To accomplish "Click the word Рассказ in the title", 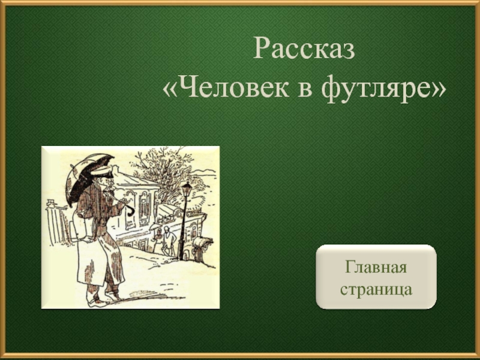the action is pyautogui.click(x=304, y=49).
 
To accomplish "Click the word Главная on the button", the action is pyautogui.click(x=376, y=266).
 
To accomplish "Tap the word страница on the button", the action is pyautogui.click(x=376, y=289).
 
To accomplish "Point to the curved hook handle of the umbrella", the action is pyautogui.click(x=131, y=211).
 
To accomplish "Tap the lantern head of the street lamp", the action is pyautogui.click(x=187, y=189).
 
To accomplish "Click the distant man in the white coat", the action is pyautogui.click(x=169, y=241).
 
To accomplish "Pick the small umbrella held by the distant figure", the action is pyautogui.click(x=155, y=227).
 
